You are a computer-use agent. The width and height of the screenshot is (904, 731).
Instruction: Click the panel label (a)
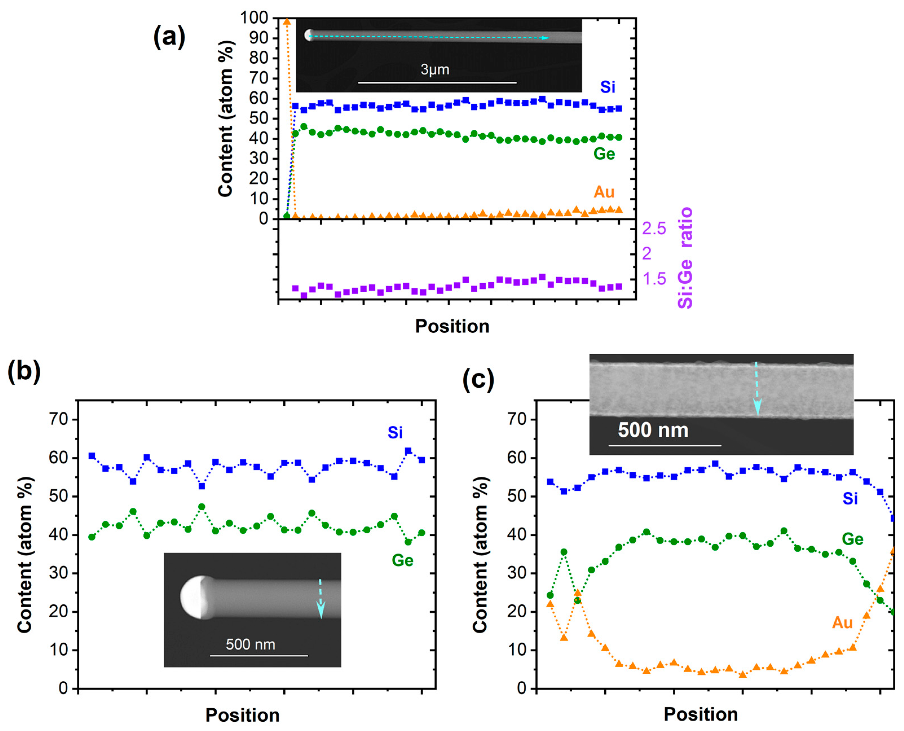point(169,37)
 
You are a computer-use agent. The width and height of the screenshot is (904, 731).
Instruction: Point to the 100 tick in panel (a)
point(253,18)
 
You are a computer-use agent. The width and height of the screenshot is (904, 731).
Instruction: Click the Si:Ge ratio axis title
point(685,258)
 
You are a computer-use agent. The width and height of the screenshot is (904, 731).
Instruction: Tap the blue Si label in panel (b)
point(395,433)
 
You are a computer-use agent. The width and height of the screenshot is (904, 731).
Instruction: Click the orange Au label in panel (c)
point(842,622)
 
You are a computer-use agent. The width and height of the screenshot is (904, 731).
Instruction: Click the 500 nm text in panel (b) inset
point(250,644)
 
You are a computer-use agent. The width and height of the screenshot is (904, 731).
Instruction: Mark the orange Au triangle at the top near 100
point(287,21)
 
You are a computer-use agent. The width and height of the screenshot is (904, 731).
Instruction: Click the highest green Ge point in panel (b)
point(202,507)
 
